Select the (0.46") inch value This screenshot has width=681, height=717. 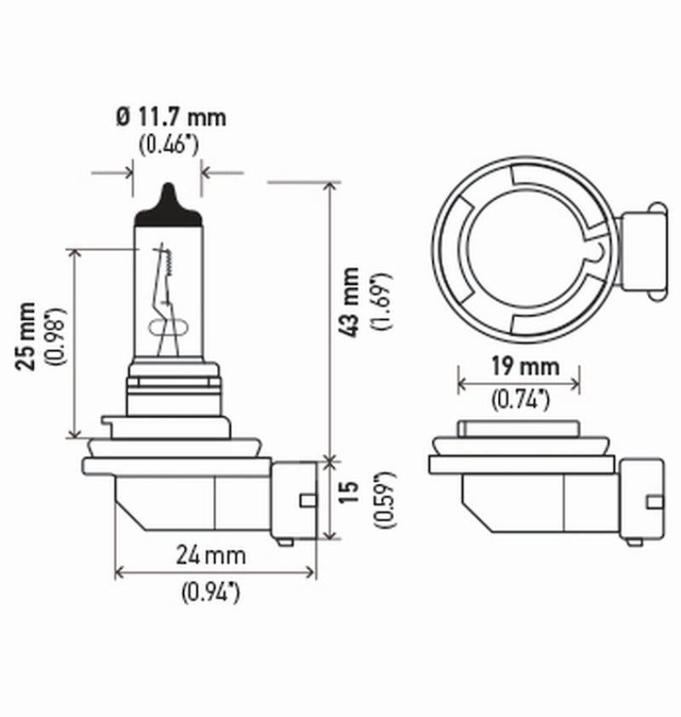pyautogui.click(x=169, y=144)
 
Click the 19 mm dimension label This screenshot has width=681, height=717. pyautogui.click(x=518, y=367)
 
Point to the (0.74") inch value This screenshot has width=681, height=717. pyautogui.click(x=518, y=398)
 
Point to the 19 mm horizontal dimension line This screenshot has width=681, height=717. pyautogui.click(x=518, y=383)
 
